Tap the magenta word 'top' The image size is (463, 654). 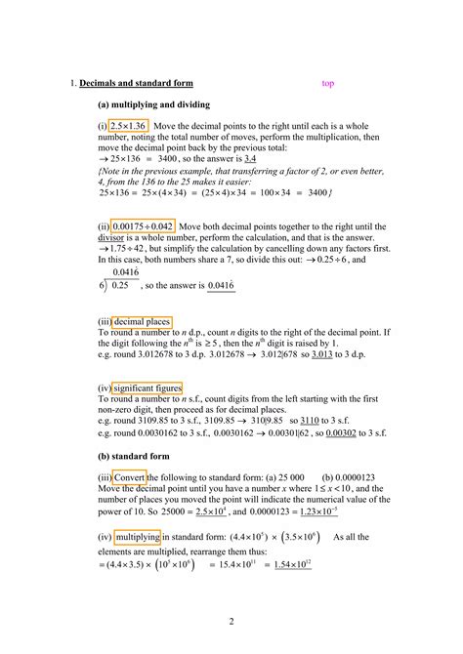(328, 83)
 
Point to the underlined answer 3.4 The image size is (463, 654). (250, 157)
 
